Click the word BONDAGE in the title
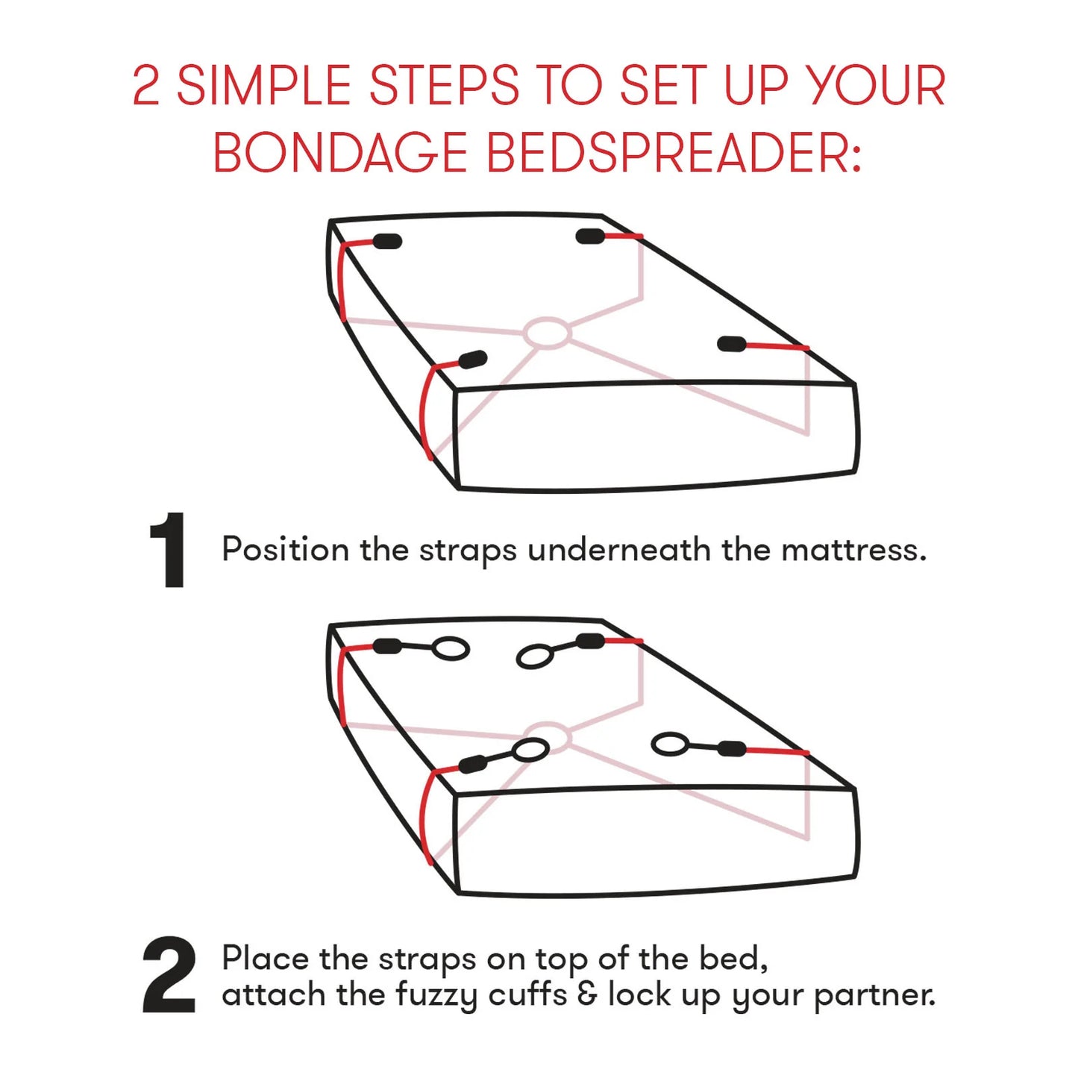tap(340, 153)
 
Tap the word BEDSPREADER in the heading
tap(674, 153)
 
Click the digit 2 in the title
tap(146, 86)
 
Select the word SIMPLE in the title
tap(263, 86)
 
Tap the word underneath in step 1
tap(618, 551)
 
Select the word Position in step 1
tap(285, 551)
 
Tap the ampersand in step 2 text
tap(587, 994)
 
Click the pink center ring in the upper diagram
tap(547, 333)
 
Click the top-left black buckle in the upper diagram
tap(386, 241)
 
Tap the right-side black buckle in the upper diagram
tap(732, 344)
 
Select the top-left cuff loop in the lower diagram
tap(451, 649)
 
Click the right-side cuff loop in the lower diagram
tap(669, 744)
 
